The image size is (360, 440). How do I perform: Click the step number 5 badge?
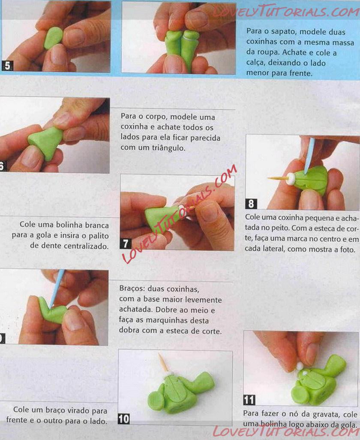[7, 66]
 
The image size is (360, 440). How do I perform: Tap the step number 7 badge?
[126, 243]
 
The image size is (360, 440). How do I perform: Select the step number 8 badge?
[251, 204]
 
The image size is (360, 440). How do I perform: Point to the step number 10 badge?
[123, 419]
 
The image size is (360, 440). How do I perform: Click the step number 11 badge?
[249, 400]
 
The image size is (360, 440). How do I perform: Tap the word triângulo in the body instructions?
[168, 148]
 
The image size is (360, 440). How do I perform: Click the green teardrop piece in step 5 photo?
[53, 38]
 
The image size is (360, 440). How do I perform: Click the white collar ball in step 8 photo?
[291, 179]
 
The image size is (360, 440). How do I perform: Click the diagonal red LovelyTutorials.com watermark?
[180, 214]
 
